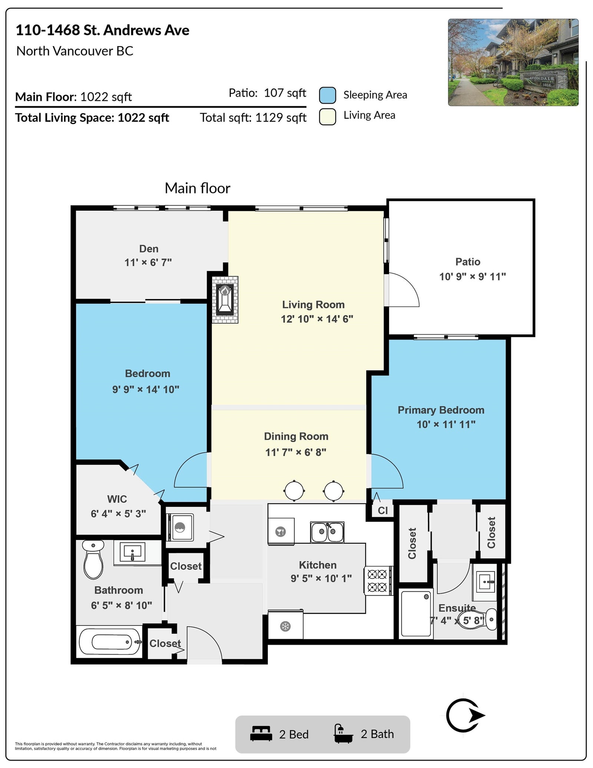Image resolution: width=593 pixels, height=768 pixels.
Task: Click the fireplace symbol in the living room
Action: [x=225, y=300]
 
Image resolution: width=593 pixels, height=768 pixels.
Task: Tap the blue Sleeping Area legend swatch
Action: [x=328, y=95]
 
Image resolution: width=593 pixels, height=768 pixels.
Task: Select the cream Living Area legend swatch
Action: [x=328, y=116]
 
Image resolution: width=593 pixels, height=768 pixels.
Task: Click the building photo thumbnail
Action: [x=513, y=62]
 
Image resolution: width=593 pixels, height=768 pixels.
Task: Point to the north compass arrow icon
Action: [x=465, y=715]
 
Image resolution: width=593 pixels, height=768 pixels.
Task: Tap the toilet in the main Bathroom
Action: [x=93, y=560]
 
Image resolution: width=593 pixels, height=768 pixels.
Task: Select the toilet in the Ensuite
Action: [x=478, y=619]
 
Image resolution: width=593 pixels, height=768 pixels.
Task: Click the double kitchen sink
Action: [x=327, y=532]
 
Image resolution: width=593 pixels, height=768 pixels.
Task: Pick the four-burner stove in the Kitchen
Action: [x=377, y=581]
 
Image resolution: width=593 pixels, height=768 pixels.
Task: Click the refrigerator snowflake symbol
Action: [x=285, y=627]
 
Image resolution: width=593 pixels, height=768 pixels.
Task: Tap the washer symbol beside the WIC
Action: [x=180, y=527]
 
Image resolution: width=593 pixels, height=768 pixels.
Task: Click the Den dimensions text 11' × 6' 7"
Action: [x=148, y=263]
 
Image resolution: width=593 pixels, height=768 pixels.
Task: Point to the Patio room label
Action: [x=468, y=262]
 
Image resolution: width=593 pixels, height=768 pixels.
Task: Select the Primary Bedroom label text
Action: [x=441, y=410]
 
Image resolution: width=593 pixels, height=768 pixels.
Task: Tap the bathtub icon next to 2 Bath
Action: [x=343, y=734]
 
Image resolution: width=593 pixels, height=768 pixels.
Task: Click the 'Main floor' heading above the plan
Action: [x=198, y=188]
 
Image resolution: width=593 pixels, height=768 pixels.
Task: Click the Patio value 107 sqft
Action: [x=285, y=93]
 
